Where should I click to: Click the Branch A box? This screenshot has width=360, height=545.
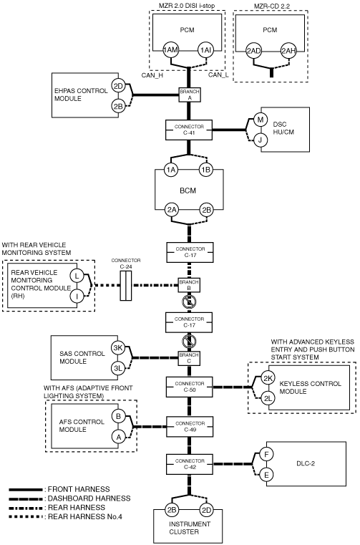[x=190, y=95]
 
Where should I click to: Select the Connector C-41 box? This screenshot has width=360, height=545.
[x=189, y=130]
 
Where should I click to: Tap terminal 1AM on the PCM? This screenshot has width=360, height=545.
[x=171, y=50]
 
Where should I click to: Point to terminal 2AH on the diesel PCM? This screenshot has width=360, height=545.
[x=288, y=51]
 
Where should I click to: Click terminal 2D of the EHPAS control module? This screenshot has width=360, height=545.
[x=119, y=85]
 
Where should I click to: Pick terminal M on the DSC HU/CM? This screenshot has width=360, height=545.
[x=261, y=120]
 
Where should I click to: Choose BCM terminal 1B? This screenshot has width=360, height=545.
[x=205, y=170]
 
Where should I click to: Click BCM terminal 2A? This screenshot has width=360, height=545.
[x=172, y=210]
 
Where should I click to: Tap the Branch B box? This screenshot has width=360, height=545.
[x=189, y=285]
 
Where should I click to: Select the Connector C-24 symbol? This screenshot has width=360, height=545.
[x=126, y=286]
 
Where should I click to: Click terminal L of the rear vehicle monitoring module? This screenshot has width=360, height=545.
[x=77, y=276]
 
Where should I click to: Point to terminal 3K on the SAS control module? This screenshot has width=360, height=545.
[x=118, y=348]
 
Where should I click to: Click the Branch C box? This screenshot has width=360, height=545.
[x=189, y=357]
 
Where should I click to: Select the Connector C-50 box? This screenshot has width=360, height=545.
[x=190, y=387]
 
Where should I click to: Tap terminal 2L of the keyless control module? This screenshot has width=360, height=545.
[x=268, y=398]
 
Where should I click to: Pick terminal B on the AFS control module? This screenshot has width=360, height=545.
[x=119, y=416]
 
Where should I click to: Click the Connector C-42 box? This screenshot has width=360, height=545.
[x=190, y=464]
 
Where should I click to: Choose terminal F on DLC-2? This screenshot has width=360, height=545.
[x=266, y=454]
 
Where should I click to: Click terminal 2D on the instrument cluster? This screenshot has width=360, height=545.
[x=206, y=510]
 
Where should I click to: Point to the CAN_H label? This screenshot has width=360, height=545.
[x=152, y=74]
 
